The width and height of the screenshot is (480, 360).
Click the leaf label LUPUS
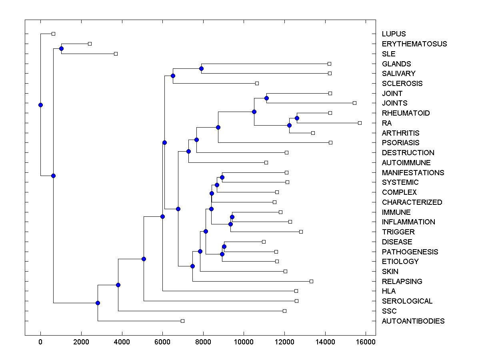click(394, 34)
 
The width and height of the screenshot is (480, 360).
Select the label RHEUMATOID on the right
click(406, 113)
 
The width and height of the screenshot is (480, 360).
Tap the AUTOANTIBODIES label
click(413, 321)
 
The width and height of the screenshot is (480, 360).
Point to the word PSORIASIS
click(400, 143)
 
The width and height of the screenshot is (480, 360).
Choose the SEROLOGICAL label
click(407, 301)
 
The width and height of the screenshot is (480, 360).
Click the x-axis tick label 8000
click(203, 342)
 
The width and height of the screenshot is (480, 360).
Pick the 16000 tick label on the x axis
click(366, 342)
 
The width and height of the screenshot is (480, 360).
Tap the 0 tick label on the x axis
click(40, 342)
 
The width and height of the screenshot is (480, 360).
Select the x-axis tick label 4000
click(122, 342)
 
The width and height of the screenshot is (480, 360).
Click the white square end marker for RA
click(360, 123)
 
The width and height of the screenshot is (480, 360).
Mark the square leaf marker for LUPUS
click(53, 34)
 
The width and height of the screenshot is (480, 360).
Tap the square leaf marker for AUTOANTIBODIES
click(182, 321)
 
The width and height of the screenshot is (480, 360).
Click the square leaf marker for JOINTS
click(354, 103)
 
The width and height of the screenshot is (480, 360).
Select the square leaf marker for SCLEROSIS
click(257, 83)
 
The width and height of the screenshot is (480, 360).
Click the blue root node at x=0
click(40, 105)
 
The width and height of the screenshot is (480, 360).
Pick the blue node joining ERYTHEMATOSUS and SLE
click(61, 48)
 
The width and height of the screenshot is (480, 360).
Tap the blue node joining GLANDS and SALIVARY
click(201, 68)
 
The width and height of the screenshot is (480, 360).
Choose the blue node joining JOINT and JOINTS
click(266, 98)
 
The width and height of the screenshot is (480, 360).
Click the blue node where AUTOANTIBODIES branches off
click(98, 303)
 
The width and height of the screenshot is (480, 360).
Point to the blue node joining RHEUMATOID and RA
click(297, 118)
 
